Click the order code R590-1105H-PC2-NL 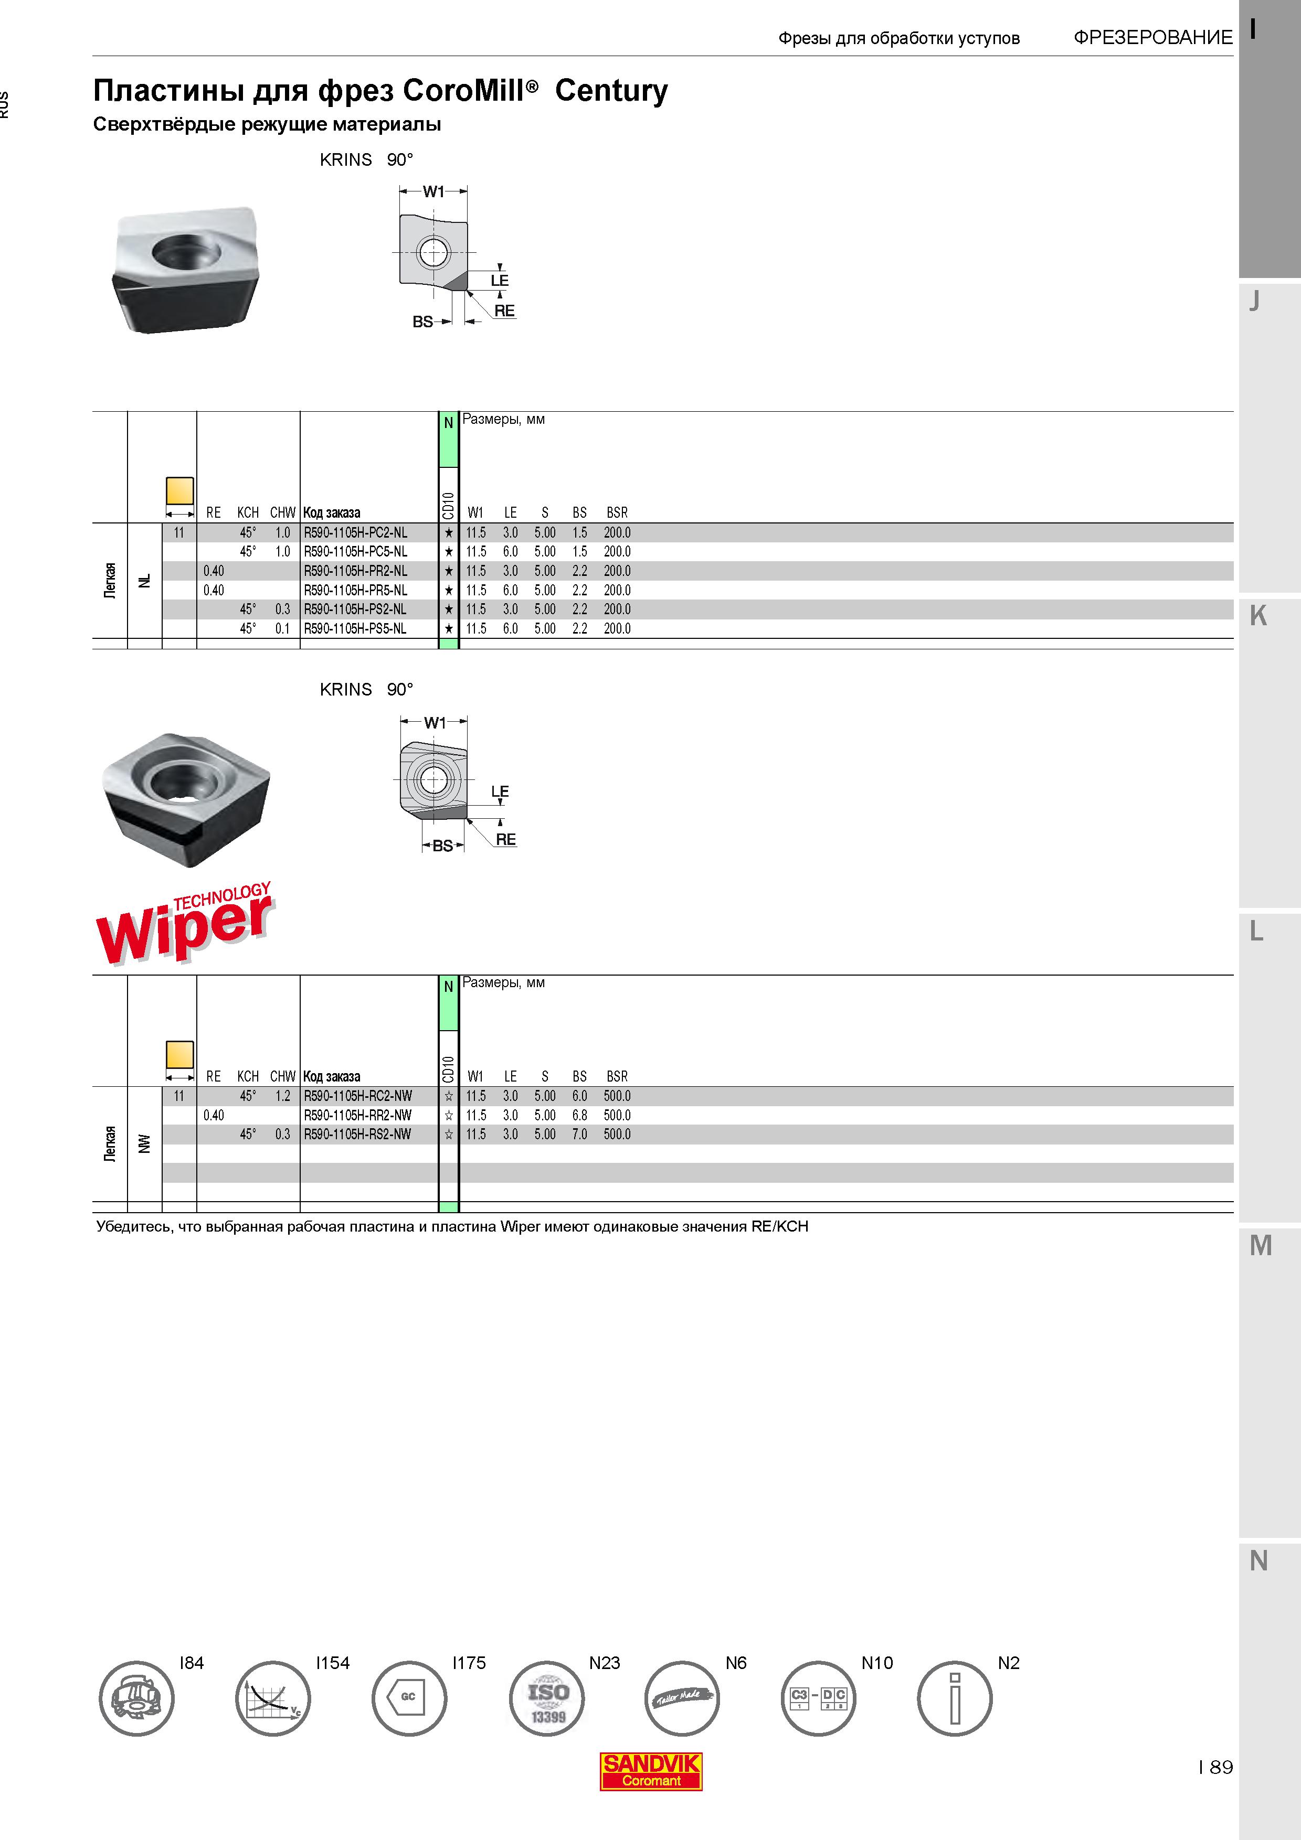pos(355,533)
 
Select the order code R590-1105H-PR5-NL pos(355,591)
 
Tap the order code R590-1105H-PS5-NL pos(355,629)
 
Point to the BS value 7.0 pos(579,1135)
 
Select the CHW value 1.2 pos(282,1096)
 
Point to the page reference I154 pos(333,1663)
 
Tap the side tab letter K pos(1258,616)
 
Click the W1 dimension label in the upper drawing pos(433,191)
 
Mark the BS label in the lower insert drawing pos(442,846)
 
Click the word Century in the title pos(611,91)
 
